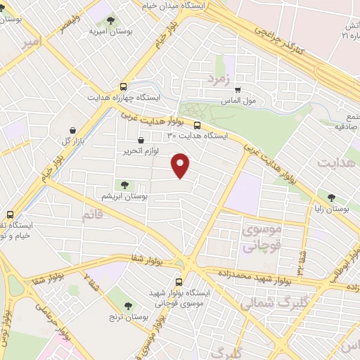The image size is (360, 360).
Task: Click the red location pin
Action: (181, 166)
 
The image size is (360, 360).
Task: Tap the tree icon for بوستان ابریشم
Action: (124, 185)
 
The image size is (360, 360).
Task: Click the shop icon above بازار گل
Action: (74, 130)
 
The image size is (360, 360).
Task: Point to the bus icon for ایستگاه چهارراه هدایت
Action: (124, 86)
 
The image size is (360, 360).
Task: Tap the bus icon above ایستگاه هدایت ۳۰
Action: (197, 125)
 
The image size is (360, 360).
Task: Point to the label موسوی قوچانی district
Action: (261, 238)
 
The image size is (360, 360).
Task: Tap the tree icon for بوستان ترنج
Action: (127, 306)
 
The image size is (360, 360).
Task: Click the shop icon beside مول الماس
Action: (238, 89)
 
